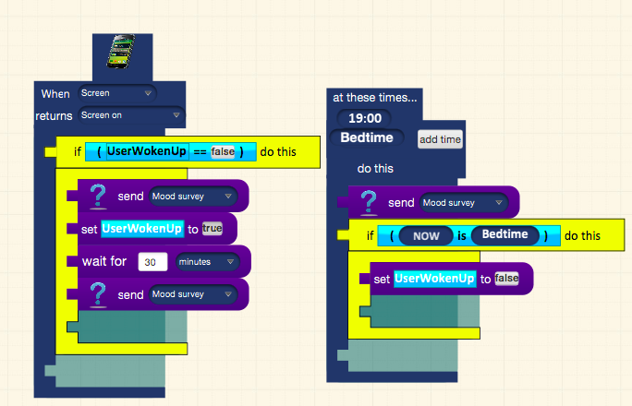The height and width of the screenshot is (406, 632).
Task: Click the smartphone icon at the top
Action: tap(121, 51)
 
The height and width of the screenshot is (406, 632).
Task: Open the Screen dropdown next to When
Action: tap(117, 93)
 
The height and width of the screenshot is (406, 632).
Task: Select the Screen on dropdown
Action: tap(131, 115)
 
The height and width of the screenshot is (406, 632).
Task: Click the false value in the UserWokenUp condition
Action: tap(223, 151)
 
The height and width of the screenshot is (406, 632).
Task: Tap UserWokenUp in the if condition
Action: tap(147, 151)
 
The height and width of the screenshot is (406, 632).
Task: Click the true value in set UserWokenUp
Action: tap(212, 229)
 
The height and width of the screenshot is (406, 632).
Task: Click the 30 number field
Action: tap(152, 262)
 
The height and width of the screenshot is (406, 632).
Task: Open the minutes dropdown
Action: tap(207, 262)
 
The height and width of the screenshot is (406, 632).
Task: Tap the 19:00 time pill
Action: tap(365, 118)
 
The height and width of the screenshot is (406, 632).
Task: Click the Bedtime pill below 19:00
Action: tap(367, 137)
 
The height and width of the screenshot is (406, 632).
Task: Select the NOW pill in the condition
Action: tap(426, 236)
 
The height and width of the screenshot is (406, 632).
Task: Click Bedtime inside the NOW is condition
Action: tap(505, 234)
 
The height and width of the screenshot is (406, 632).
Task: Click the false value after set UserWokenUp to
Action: tap(506, 279)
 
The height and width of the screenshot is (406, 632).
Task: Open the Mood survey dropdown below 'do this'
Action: tap(464, 203)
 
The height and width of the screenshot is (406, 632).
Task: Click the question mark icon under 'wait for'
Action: tap(98, 295)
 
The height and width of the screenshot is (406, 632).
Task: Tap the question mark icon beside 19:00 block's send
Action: tap(369, 202)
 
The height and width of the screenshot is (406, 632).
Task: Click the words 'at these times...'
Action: tap(375, 98)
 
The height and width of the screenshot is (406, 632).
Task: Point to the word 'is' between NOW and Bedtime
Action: tap(462, 236)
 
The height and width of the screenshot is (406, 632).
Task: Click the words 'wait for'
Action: tap(104, 261)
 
